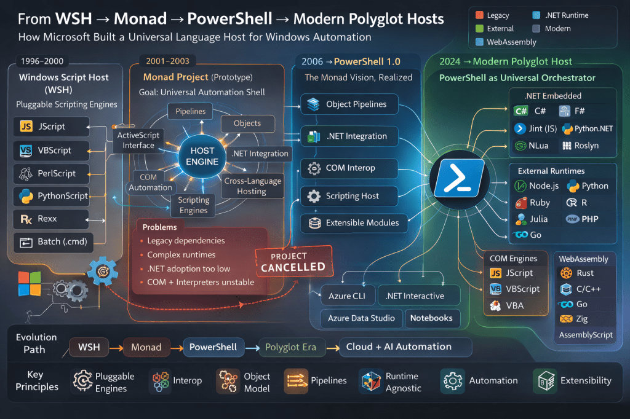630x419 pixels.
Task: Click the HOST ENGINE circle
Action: pyautogui.click(x=202, y=156)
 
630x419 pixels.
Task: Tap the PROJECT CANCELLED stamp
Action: pyautogui.click(x=293, y=262)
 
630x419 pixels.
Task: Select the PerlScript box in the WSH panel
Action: pyautogui.click(x=50, y=173)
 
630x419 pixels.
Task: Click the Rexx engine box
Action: pyautogui.click(x=50, y=219)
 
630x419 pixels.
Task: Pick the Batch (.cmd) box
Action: pyautogui.click(x=50, y=241)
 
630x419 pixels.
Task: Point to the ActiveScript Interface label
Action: pyautogui.click(x=138, y=140)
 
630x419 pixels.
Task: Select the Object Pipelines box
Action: pyautogui.click(x=349, y=104)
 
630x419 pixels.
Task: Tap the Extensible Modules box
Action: pyautogui.click(x=354, y=223)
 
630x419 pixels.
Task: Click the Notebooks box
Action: pyautogui.click(x=431, y=318)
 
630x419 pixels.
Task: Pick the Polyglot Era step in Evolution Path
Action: pyautogui.click(x=290, y=347)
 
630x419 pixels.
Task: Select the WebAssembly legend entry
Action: pyautogui.click(x=506, y=42)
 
